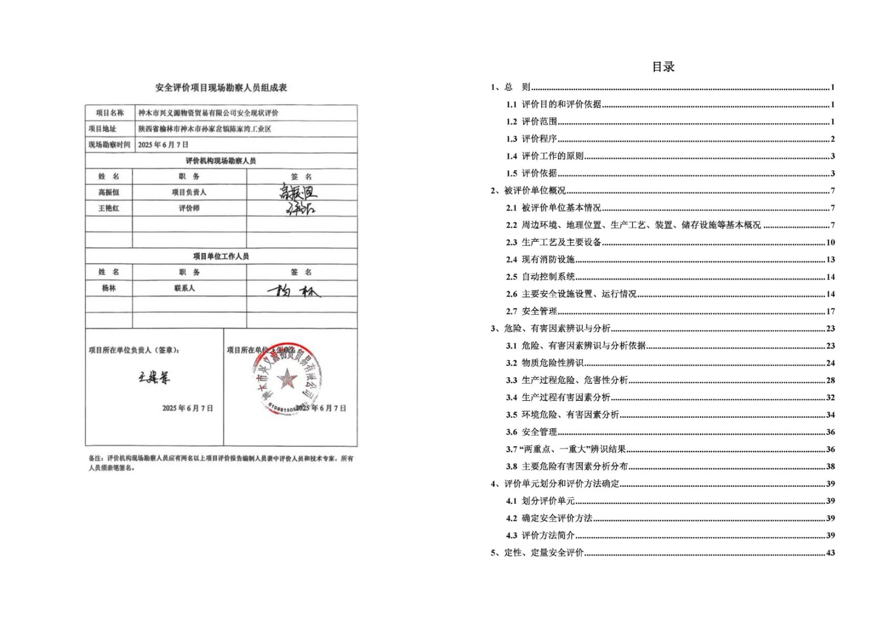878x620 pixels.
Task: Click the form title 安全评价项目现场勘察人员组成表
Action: point(221,88)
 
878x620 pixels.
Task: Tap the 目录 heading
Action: point(663,67)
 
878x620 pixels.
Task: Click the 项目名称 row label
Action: point(110,113)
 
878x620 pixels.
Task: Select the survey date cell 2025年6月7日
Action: point(163,145)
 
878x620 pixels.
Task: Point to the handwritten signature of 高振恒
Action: point(298,192)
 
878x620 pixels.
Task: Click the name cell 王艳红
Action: point(109,208)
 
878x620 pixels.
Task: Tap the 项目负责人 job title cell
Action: point(189,192)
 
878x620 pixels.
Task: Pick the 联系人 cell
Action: point(184,288)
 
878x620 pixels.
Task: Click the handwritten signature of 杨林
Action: point(294,291)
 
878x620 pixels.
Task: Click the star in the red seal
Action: point(286,378)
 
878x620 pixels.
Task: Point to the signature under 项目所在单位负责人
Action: point(154,377)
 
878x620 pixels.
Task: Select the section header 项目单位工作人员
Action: point(221,256)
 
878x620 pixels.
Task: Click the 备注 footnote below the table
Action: point(221,463)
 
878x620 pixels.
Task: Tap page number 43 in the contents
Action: point(830,553)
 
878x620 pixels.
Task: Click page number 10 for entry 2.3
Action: point(830,242)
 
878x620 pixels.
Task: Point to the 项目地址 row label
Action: point(103,129)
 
